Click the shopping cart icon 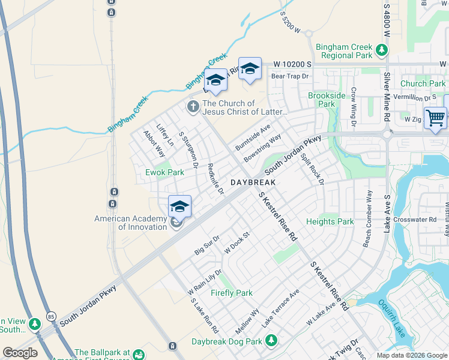click(x=435, y=117)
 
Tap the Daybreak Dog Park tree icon click(x=271, y=341)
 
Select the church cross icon click(x=193, y=107)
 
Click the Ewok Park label click(x=164, y=172)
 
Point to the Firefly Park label click(x=232, y=293)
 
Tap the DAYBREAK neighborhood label click(x=253, y=182)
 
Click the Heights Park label click(x=330, y=221)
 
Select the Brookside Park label click(x=327, y=100)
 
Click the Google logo click(x=20, y=352)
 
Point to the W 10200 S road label click(x=293, y=64)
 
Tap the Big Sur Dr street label click(x=208, y=246)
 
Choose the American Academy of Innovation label click(x=130, y=223)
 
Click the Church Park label click(x=423, y=83)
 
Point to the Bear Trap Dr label click(x=289, y=76)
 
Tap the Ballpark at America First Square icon click(x=139, y=355)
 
